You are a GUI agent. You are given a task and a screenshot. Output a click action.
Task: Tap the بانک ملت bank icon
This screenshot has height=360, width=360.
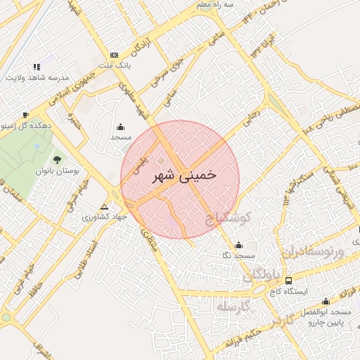115,55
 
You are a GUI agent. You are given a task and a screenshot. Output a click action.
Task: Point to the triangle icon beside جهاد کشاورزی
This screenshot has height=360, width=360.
105,207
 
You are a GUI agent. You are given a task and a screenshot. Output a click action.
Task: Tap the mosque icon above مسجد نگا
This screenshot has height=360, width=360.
240,245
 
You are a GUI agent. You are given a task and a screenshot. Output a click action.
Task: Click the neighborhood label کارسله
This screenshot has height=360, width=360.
233,307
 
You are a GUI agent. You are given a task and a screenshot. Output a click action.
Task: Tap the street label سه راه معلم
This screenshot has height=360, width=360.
213,6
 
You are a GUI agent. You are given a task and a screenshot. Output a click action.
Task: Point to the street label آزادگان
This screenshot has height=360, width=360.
139,47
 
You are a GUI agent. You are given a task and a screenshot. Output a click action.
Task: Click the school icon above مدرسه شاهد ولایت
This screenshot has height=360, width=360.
37,66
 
